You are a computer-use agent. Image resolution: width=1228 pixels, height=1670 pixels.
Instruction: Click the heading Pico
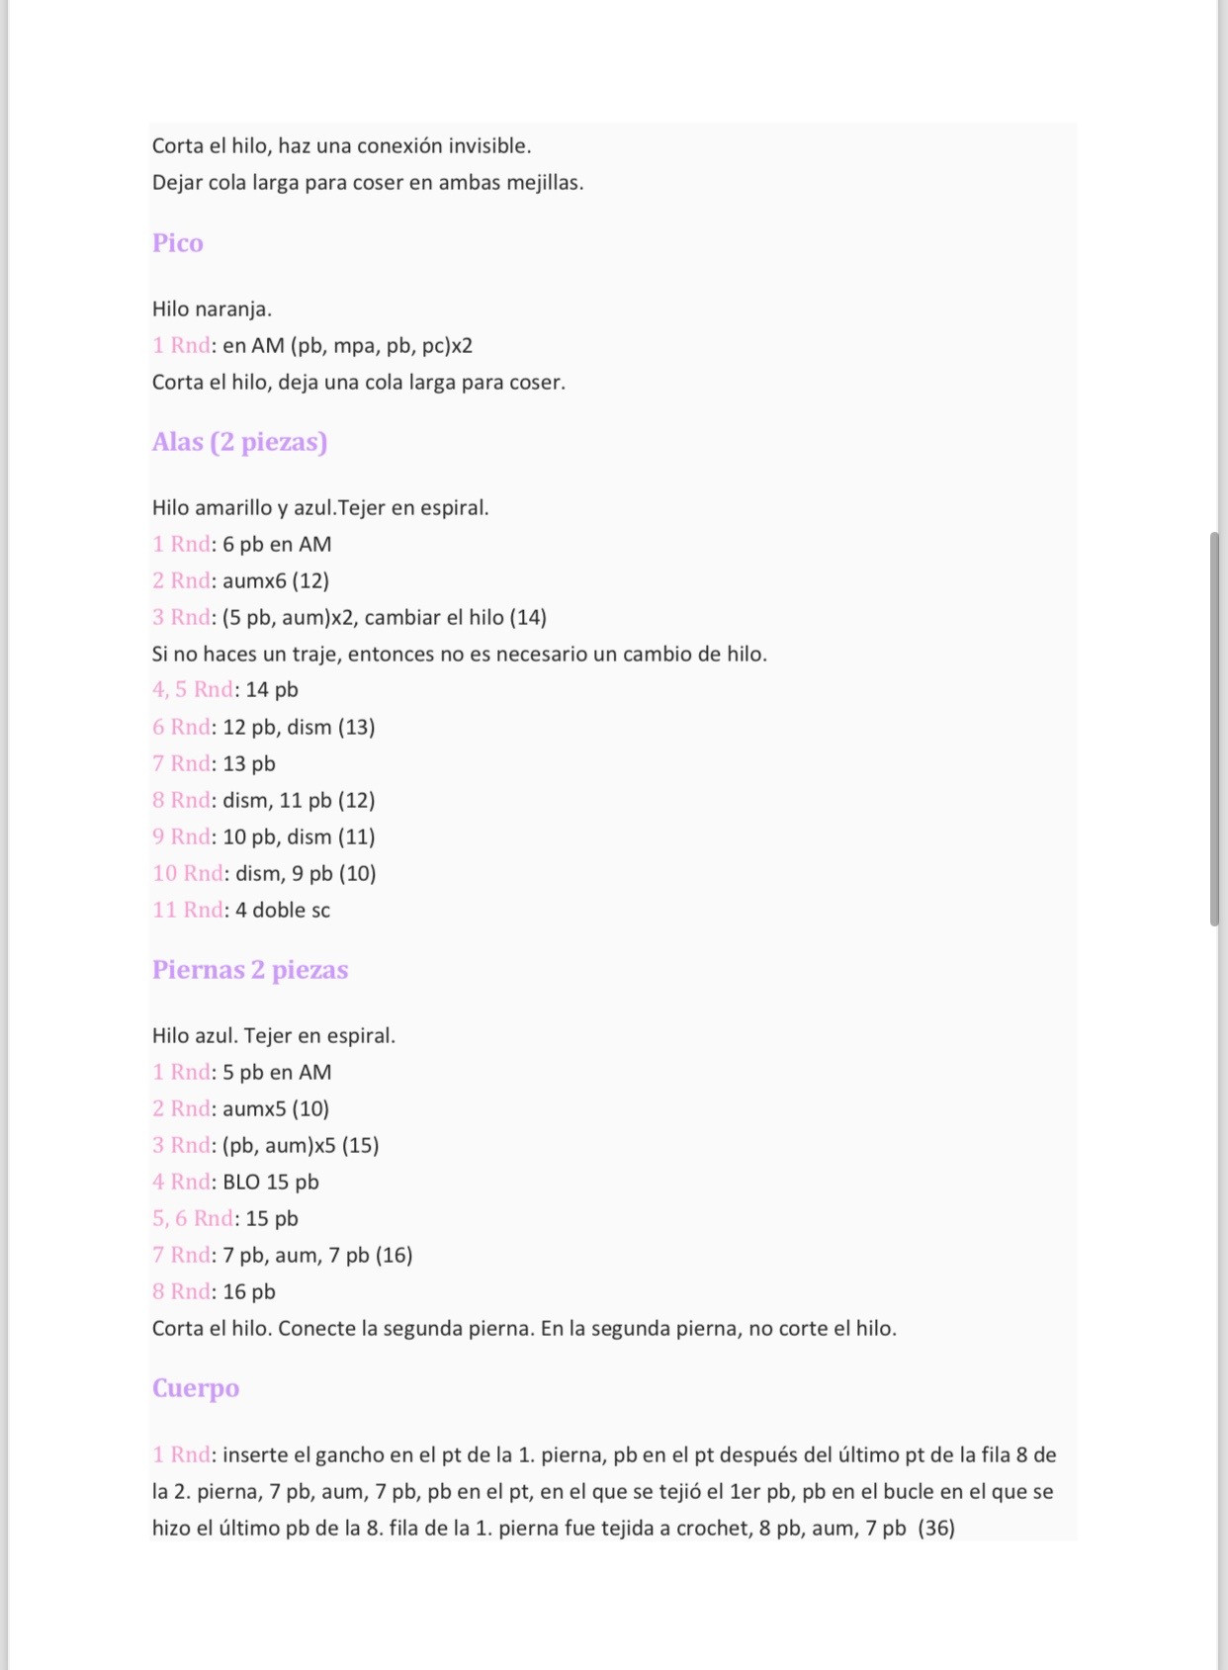pos(178,243)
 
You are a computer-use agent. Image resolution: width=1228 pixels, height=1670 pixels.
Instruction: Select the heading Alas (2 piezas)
pos(239,442)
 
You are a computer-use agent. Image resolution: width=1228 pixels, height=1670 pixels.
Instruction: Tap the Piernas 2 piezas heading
pos(250,970)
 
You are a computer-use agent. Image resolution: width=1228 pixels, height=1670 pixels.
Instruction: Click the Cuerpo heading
pos(196,1388)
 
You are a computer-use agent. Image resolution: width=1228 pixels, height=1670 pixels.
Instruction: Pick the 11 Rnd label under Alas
pos(188,911)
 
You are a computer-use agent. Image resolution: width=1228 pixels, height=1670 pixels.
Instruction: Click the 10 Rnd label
pos(188,874)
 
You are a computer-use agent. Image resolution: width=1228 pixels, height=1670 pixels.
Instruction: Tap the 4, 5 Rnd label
pos(193,690)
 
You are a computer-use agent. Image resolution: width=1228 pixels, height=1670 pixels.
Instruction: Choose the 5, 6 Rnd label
pos(193,1219)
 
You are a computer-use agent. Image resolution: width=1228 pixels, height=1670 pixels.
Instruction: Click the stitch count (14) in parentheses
pos(528,618)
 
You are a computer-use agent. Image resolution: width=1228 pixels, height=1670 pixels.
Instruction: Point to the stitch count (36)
pos(936,1529)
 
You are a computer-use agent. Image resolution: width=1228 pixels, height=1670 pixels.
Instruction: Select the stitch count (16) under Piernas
pos(394,1256)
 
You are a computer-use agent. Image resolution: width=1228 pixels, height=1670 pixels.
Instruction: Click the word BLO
pos(241,1183)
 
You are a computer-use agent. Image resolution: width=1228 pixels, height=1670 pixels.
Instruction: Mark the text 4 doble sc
pos(283,911)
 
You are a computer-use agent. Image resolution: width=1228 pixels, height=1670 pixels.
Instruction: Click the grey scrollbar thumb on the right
pos(1214,729)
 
